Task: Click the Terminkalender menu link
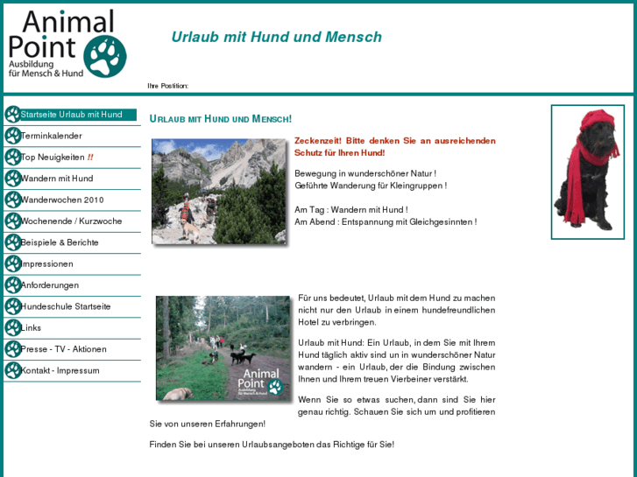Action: [x=51, y=136]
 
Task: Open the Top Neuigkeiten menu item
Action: [x=53, y=158]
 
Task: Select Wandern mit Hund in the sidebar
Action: [x=56, y=179]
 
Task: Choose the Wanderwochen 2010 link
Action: [x=61, y=200]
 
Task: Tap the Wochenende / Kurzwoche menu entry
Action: [x=71, y=221]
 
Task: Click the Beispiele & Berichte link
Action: [x=60, y=242]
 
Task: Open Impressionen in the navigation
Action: [x=46, y=263]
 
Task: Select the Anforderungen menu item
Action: [x=49, y=285]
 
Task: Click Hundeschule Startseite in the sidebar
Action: [x=66, y=306]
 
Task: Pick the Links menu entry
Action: [x=31, y=327]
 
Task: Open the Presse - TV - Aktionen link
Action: [x=63, y=349]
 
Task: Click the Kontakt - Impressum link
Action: [x=60, y=370]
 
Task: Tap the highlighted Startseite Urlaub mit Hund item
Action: [x=71, y=115]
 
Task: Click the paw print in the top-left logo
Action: [x=105, y=56]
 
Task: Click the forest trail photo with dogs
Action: [x=223, y=348]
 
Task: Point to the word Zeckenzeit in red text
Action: [x=318, y=141]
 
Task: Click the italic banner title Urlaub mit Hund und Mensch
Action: [x=276, y=37]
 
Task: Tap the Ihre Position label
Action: [x=167, y=86]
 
